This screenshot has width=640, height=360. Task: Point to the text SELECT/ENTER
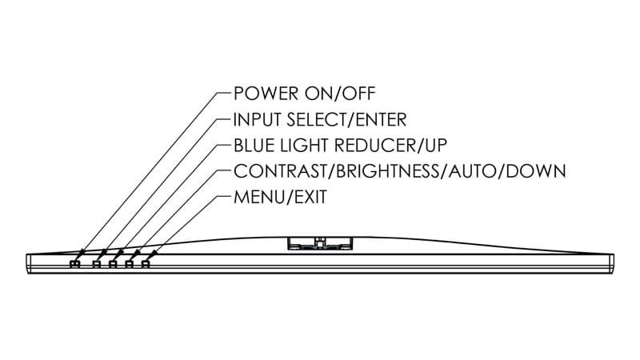click(347, 119)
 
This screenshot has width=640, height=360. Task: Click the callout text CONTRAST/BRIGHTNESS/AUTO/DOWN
click(399, 171)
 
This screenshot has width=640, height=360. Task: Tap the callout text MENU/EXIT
click(279, 197)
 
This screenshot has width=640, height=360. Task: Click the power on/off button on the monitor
click(75, 263)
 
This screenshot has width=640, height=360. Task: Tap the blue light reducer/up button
click(113, 263)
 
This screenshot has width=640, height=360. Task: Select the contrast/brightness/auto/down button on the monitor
click(129, 263)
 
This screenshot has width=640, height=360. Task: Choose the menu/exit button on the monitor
click(145, 263)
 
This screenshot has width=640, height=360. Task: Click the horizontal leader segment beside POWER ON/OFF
click(223, 94)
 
